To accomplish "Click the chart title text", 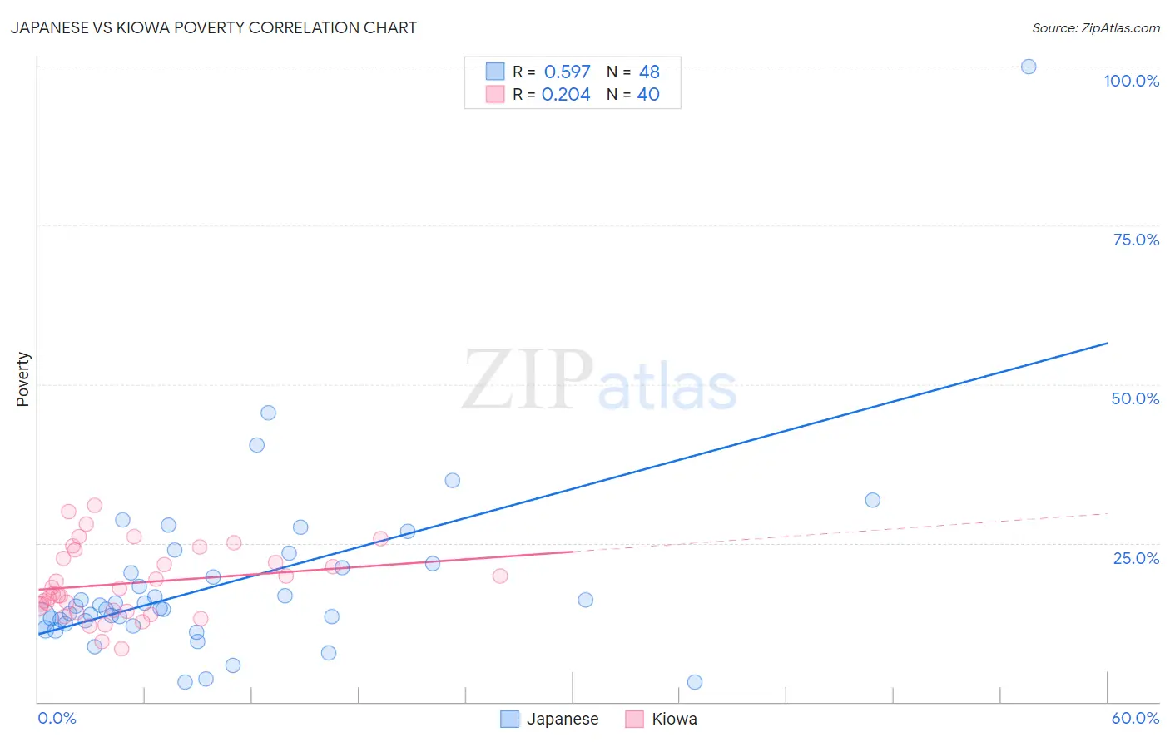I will coord(214,27).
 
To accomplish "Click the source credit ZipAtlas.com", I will coord(1095,28).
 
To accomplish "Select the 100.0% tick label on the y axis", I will coord(1131,81).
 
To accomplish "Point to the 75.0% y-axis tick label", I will coord(1136,240).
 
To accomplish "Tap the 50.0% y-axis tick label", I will coord(1135,398).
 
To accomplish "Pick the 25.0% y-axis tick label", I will coord(1136,558).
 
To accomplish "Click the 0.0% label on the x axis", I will coord(57,718).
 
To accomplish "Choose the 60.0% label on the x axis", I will coord(1135,718).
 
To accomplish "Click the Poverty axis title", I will coord(22,379).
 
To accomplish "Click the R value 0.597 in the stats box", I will coord(567,72).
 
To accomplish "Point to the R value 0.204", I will coord(566,95).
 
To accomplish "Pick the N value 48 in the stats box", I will coord(649,72).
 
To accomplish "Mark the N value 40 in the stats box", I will coord(648,95).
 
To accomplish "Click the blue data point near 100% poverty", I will coord(1029,67).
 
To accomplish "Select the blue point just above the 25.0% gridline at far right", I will coord(872,500).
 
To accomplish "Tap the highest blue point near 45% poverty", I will coord(268,413).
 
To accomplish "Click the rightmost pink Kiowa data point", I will coord(500,576).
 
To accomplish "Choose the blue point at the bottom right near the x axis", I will coord(695,682).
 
